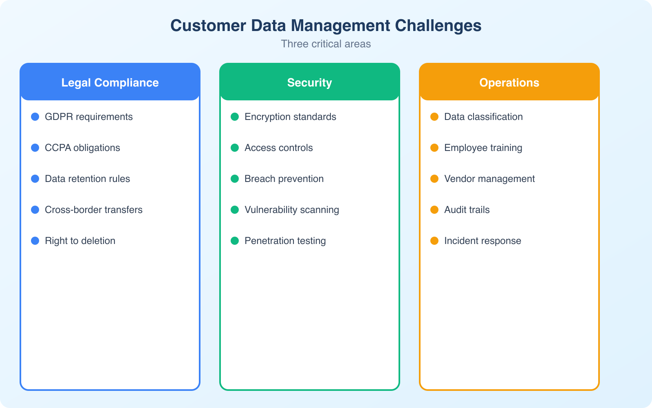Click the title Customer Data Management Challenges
tap(326, 26)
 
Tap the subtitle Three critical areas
tap(326, 44)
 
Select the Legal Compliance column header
tap(110, 82)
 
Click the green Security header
tap(310, 82)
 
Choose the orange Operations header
tap(509, 82)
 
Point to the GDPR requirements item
tap(89, 117)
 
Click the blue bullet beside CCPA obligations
tap(35, 148)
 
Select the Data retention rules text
tap(87, 179)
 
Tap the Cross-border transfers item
tap(94, 210)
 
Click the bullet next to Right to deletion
tap(35, 241)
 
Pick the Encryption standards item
tap(290, 117)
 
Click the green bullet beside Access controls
tap(235, 148)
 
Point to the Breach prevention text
tap(284, 179)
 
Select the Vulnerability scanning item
tap(292, 210)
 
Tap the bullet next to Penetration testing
tap(235, 241)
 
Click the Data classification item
tap(483, 117)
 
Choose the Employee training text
tap(483, 148)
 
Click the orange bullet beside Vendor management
tap(434, 179)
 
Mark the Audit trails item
tap(467, 210)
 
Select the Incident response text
tap(482, 241)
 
